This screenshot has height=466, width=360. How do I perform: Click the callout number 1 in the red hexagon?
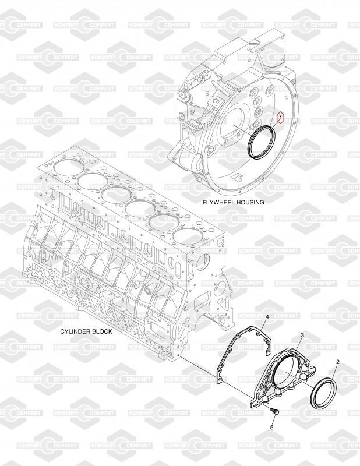click(280, 118)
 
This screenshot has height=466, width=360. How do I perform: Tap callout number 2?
click(338, 362)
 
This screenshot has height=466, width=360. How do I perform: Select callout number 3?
click(302, 336)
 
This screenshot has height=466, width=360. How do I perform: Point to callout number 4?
click(267, 317)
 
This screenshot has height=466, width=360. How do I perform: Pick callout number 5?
click(271, 428)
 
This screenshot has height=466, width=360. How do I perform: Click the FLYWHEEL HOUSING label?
click(233, 202)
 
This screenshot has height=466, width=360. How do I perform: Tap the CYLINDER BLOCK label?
click(86, 331)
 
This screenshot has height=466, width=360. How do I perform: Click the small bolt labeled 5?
click(275, 412)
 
